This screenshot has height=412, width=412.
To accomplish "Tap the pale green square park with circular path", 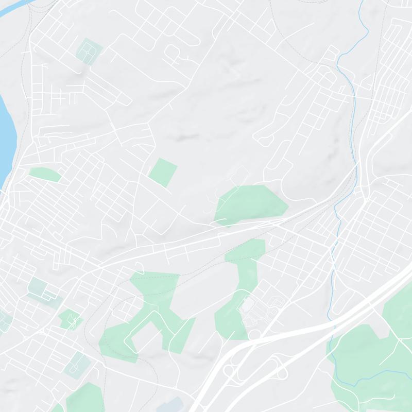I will click(x=89, y=50).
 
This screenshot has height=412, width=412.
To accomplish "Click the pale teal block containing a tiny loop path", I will click(x=76, y=364).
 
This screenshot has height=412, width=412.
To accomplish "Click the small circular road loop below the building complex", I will click(x=253, y=335).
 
